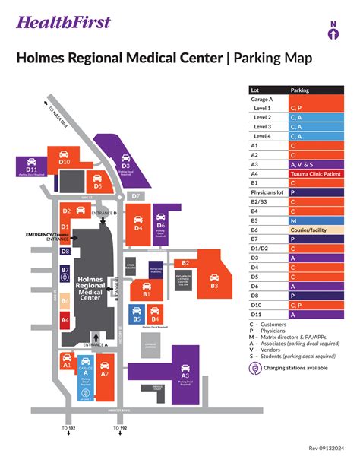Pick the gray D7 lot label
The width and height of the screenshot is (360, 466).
tap(136, 195)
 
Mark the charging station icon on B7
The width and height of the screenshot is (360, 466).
tap(65, 278)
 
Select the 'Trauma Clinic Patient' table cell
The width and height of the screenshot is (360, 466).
tap(315, 173)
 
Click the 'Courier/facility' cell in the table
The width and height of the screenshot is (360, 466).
tap(315, 229)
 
